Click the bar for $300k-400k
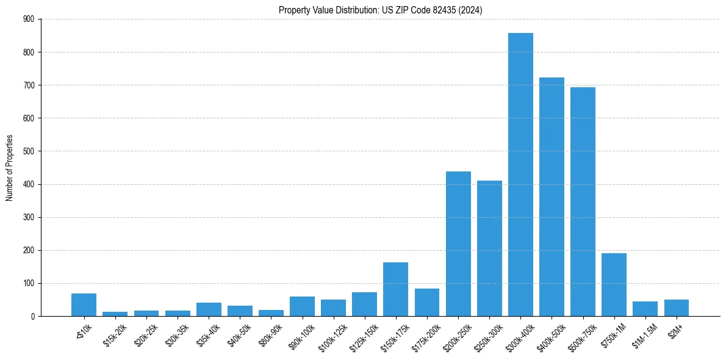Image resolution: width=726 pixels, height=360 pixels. point(520,175)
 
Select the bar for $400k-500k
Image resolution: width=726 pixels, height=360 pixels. point(552,196)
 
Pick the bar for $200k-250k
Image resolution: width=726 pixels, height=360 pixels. point(458,243)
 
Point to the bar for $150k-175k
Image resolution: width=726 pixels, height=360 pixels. point(396,289)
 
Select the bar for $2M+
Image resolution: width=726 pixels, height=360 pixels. point(676,308)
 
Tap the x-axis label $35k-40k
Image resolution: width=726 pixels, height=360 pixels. point(207,333)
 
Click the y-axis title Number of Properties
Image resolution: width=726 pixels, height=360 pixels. point(10,168)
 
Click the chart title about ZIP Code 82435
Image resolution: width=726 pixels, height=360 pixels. point(381,10)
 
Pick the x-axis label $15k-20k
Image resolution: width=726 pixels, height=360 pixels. point(113,333)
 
